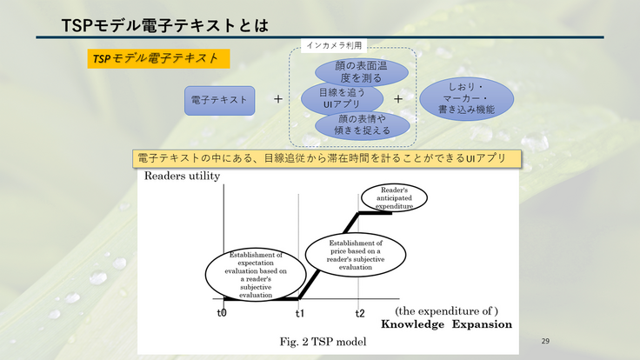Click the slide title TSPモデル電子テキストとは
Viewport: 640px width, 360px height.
click(x=165, y=25)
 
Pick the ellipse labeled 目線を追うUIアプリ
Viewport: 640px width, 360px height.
click(x=342, y=98)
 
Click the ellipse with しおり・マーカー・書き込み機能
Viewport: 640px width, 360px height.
click(x=466, y=99)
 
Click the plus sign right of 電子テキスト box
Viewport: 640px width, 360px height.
click(x=278, y=100)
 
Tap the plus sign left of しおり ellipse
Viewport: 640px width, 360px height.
click(x=398, y=99)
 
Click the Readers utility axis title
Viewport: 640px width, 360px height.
click(x=182, y=176)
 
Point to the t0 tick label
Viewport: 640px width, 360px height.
click(x=222, y=312)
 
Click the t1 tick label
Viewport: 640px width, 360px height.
click(x=299, y=312)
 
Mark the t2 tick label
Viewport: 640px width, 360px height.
click(x=360, y=312)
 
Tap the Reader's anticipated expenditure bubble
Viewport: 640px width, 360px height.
click(x=401, y=198)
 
